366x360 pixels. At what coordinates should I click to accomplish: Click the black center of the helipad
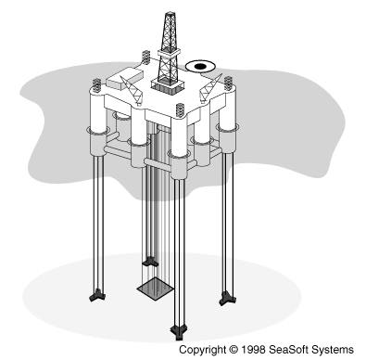(200, 66)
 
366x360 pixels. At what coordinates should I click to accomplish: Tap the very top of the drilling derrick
(170, 13)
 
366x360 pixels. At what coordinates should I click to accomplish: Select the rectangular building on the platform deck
(125, 78)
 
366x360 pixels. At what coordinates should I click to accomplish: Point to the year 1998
(254, 350)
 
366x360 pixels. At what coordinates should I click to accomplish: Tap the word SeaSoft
(288, 350)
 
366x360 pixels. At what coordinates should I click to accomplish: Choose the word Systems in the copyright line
(333, 350)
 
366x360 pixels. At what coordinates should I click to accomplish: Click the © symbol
(233, 350)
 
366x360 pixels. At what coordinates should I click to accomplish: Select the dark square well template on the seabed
(156, 291)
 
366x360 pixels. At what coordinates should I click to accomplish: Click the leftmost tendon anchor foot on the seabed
(97, 295)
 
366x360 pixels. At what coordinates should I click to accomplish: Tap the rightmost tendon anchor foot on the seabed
(228, 299)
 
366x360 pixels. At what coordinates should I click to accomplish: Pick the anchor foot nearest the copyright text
(179, 332)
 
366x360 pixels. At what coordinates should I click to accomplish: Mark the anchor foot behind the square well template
(150, 262)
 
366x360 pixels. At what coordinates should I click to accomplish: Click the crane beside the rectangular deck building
(132, 89)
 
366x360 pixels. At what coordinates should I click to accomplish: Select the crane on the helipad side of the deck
(211, 88)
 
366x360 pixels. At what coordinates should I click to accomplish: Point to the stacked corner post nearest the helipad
(228, 84)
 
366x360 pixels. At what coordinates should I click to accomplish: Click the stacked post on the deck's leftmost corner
(96, 86)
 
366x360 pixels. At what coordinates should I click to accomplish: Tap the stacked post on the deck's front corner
(180, 111)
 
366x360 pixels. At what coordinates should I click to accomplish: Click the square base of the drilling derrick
(168, 85)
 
